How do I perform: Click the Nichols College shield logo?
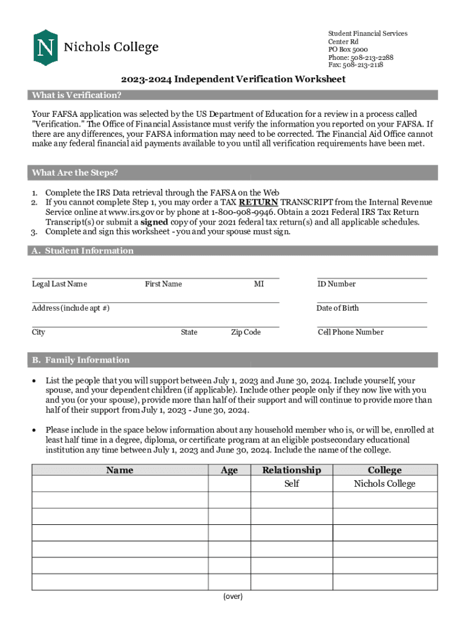pos(45,47)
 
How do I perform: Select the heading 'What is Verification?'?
pos(77,95)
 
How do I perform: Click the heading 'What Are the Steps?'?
pos(75,173)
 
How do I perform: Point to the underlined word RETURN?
pos(258,202)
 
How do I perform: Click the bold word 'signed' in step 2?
pos(154,222)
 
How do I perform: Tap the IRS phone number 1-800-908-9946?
pos(242,213)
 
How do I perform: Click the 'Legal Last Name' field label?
pos(59,284)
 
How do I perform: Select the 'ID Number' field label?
pos(336,284)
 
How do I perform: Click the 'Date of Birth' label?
pos(337,308)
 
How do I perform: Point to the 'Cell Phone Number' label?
pos(350,332)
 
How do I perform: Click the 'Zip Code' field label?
pos(246,332)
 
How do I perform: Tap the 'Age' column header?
pos(229,470)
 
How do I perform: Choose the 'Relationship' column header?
pos(291,470)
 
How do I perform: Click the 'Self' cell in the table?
pos(292,484)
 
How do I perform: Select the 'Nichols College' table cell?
pos(384,484)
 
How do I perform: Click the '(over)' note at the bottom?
pos(233,597)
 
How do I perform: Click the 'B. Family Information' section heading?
pos(81,360)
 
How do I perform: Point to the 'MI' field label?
pos(259,284)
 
